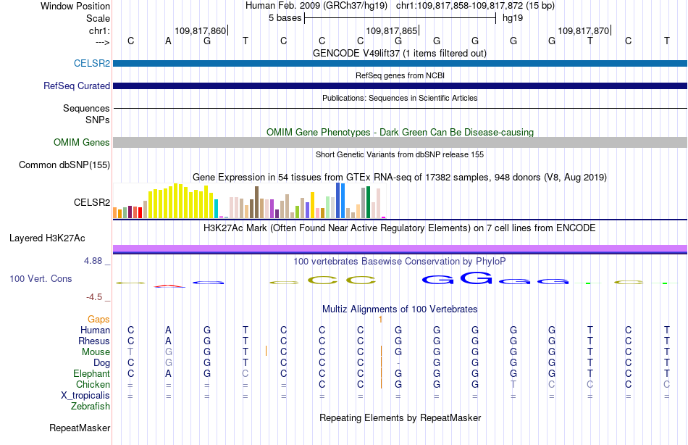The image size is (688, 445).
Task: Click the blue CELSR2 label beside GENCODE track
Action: [92, 63]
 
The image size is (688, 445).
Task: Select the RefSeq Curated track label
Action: [77, 86]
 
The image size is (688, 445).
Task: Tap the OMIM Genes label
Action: [82, 142]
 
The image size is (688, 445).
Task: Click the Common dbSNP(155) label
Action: [64, 165]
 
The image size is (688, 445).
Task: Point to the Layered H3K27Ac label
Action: [47, 238]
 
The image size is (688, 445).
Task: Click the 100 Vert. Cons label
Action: [41, 278]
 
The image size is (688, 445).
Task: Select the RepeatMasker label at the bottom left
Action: [80, 428]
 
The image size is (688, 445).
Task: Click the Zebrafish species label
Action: [91, 407]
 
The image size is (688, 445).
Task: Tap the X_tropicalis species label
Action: [85, 396]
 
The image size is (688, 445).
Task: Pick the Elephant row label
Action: [92, 373]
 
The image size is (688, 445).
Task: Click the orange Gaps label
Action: [98, 320]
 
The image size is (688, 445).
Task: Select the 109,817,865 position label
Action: [391, 30]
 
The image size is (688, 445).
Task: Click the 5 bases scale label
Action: [285, 18]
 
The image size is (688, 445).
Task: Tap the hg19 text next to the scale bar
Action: [513, 18]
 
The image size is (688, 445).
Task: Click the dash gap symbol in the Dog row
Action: [398, 363]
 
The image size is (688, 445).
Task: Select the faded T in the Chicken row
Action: [513, 384]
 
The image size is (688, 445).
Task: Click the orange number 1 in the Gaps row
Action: [380, 320]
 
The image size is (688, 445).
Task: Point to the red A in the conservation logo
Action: [169, 286]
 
